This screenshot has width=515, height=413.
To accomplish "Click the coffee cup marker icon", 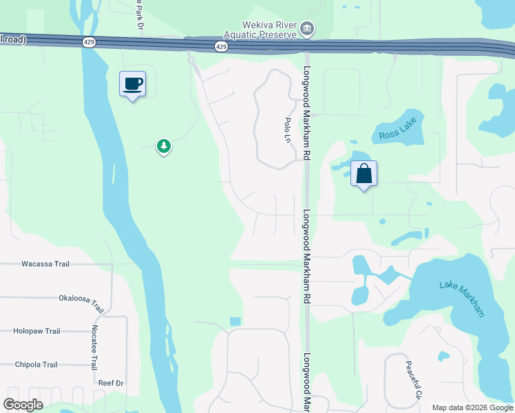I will tap(132, 85).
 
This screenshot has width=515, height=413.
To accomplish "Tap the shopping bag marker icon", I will tap(364, 173).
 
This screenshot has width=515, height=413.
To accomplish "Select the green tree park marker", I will tap(163, 146).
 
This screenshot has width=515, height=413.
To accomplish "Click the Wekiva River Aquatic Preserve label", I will tap(260, 31).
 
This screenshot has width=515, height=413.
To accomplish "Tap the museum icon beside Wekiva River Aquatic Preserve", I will tap(307, 30).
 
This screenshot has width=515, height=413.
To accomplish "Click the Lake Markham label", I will tap(462, 299).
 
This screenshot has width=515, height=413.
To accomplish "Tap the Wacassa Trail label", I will tap(45, 264).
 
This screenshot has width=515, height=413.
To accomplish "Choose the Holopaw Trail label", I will tap(36, 331).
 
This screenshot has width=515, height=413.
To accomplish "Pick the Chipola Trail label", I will tap(36, 365).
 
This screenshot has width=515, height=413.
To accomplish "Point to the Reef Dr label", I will tap(110, 383).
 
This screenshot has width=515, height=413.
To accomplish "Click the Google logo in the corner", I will tap(23, 405).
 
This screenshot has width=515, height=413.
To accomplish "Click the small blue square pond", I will tap(235, 321).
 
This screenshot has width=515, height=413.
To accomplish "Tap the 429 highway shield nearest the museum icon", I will tap(220, 46).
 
